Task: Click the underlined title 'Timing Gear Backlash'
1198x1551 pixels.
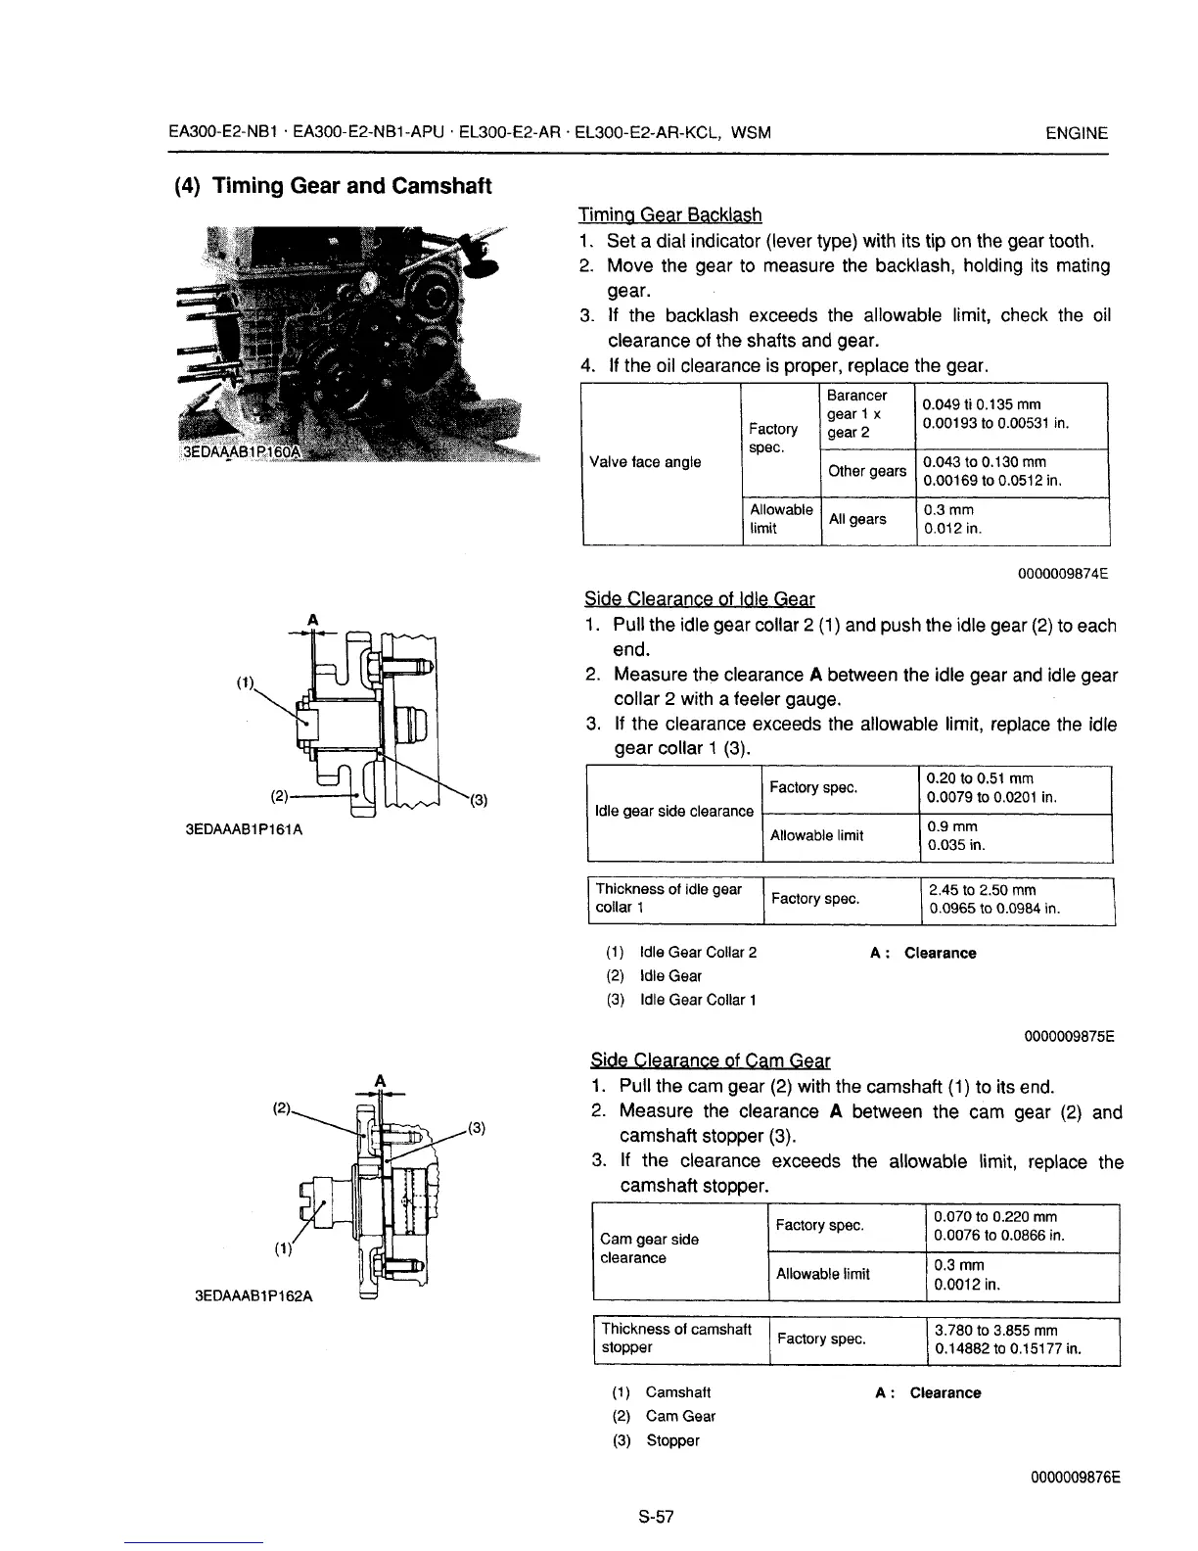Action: pyautogui.click(x=670, y=214)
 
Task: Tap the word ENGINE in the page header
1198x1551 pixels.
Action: pyautogui.click(x=1077, y=133)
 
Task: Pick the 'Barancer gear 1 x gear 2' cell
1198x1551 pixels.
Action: pyautogui.click(x=857, y=413)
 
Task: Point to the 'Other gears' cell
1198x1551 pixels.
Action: pyautogui.click(x=867, y=471)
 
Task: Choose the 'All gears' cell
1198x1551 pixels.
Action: pyautogui.click(x=857, y=519)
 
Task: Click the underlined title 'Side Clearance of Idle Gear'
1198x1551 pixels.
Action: pyautogui.click(x=699, y=598)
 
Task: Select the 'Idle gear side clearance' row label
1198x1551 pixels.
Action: pyautogui.click(x=674, y=811)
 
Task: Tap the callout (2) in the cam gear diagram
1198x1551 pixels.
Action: pyautogui.click(x=281, y=1109)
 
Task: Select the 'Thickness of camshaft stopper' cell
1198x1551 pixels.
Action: pyautogui.click(x=676, y=1338)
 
